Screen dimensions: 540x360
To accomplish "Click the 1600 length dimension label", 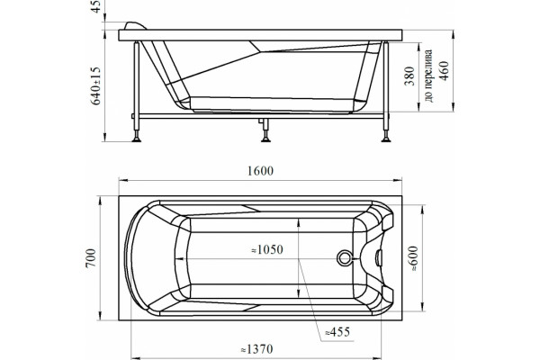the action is point(260,171).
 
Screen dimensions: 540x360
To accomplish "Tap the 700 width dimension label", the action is point(91,258).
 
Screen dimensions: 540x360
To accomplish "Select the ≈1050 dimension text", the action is point(267,249).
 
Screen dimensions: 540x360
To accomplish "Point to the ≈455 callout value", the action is point(337,332).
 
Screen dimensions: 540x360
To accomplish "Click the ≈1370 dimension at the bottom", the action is point(256,349).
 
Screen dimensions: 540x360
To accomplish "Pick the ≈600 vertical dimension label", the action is point(413,258).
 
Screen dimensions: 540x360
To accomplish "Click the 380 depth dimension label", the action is point(409,76).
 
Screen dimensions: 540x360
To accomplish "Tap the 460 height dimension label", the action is point(445,71).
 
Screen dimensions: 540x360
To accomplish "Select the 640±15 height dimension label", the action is point(96,85).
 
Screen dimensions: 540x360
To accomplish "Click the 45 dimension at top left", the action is point(96,6).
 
